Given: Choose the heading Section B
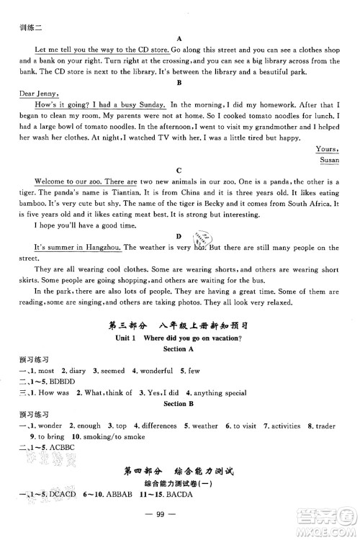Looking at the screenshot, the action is click(180, 405).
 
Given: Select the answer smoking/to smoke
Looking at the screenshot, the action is click(105, 437).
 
